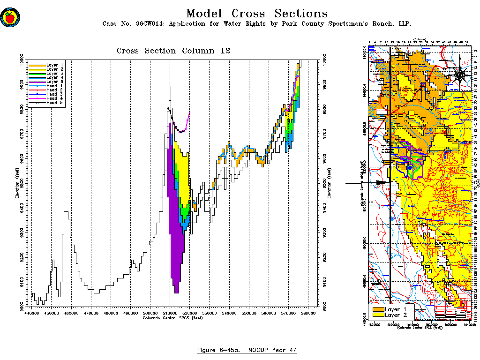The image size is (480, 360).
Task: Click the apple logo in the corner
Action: click(9, 18)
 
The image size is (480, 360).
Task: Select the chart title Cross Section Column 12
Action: click(173, 51)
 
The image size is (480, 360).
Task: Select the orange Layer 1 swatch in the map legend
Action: click(377, 309)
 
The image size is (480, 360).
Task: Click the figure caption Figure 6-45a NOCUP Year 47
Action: click(247, 350)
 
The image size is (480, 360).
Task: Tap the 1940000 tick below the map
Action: click(465, 324)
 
